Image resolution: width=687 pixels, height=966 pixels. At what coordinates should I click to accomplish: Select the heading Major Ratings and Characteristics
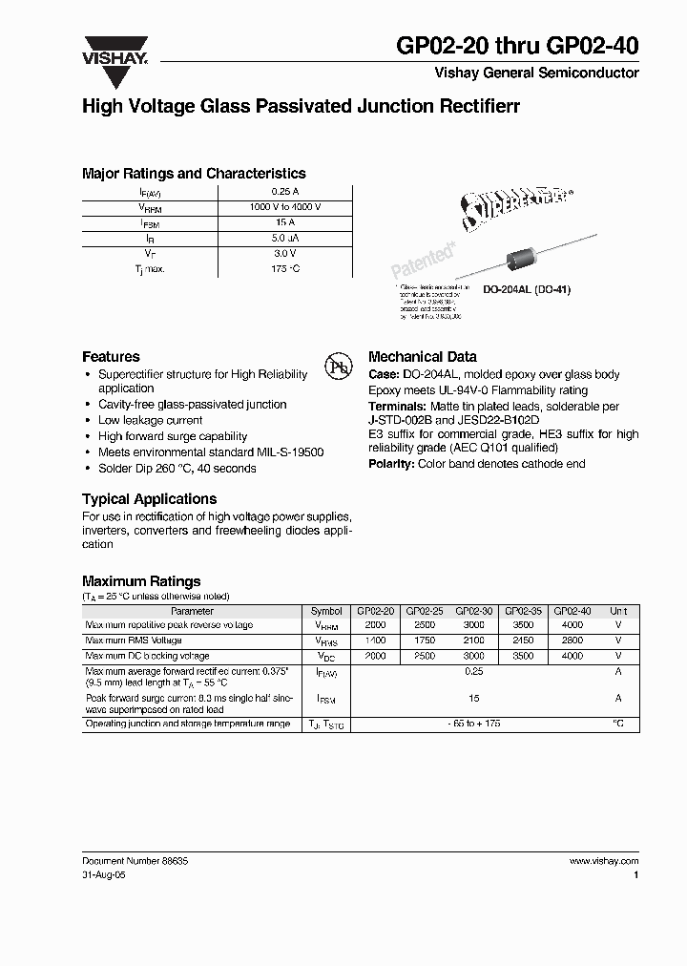(194, 174)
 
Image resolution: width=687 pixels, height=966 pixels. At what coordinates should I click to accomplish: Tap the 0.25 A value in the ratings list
(285, 193)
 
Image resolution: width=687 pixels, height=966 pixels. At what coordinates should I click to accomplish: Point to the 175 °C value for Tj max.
(285, 269)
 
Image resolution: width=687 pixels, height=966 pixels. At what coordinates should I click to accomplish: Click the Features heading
(111, 356)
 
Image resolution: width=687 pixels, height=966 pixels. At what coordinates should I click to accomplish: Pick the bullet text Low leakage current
(151, 420)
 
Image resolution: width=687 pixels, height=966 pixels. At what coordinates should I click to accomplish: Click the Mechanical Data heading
(423, 356)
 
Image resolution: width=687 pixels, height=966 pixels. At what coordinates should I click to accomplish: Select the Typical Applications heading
(149, 499)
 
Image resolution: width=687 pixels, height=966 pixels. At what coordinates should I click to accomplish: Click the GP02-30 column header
(474, 611)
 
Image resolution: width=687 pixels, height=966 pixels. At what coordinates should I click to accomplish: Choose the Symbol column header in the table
(326, 611)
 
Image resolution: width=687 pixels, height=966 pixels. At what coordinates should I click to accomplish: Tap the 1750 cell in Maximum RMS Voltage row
(425, 640)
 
